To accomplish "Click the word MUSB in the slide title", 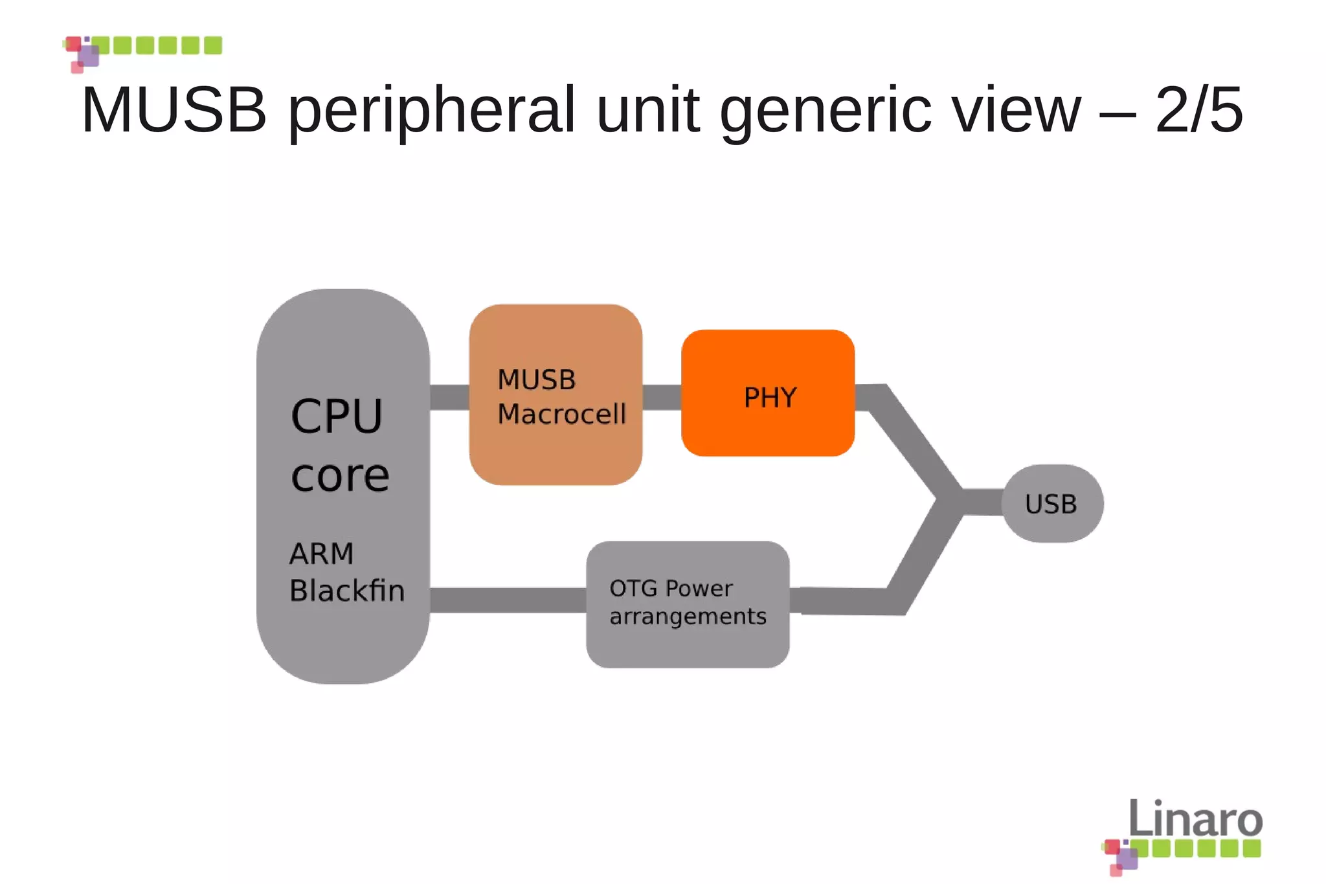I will pos(174,110).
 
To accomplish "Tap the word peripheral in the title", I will pos(431,110).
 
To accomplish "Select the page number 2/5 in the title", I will pos(1199,110).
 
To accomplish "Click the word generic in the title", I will pos(825,110).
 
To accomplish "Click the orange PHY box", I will pos(768,393).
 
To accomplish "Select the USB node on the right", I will pos(1052,504).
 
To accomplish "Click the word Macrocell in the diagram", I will pos(562,414).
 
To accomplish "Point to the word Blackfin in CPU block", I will pos(347,591).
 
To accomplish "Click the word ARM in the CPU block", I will pos(321,554).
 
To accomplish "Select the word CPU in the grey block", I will pos(337,416).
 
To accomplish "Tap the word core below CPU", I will pos(340,477).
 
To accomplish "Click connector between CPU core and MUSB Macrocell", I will pos(449,397).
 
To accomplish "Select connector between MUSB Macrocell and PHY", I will pos(662,397).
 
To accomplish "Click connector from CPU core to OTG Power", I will pos(508,600).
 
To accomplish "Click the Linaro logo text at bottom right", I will pos(1195,819).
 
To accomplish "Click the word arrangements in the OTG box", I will pos(688,617).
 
